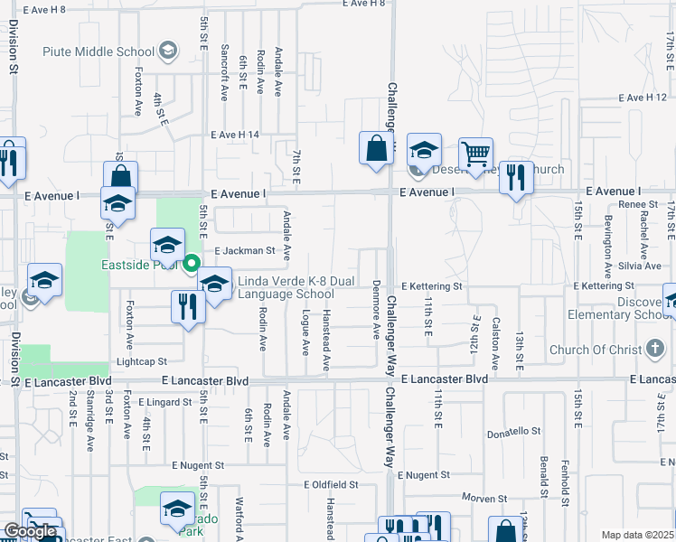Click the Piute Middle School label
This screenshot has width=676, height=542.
99,51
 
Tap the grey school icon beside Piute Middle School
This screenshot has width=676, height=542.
167,51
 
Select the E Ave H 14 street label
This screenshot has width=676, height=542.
235,135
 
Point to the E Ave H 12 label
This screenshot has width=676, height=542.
643,98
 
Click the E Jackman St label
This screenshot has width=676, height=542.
244,250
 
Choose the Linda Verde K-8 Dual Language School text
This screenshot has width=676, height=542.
286,287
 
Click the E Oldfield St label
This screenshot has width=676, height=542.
331,484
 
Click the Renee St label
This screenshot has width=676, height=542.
638,205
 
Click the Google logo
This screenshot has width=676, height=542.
31,531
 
